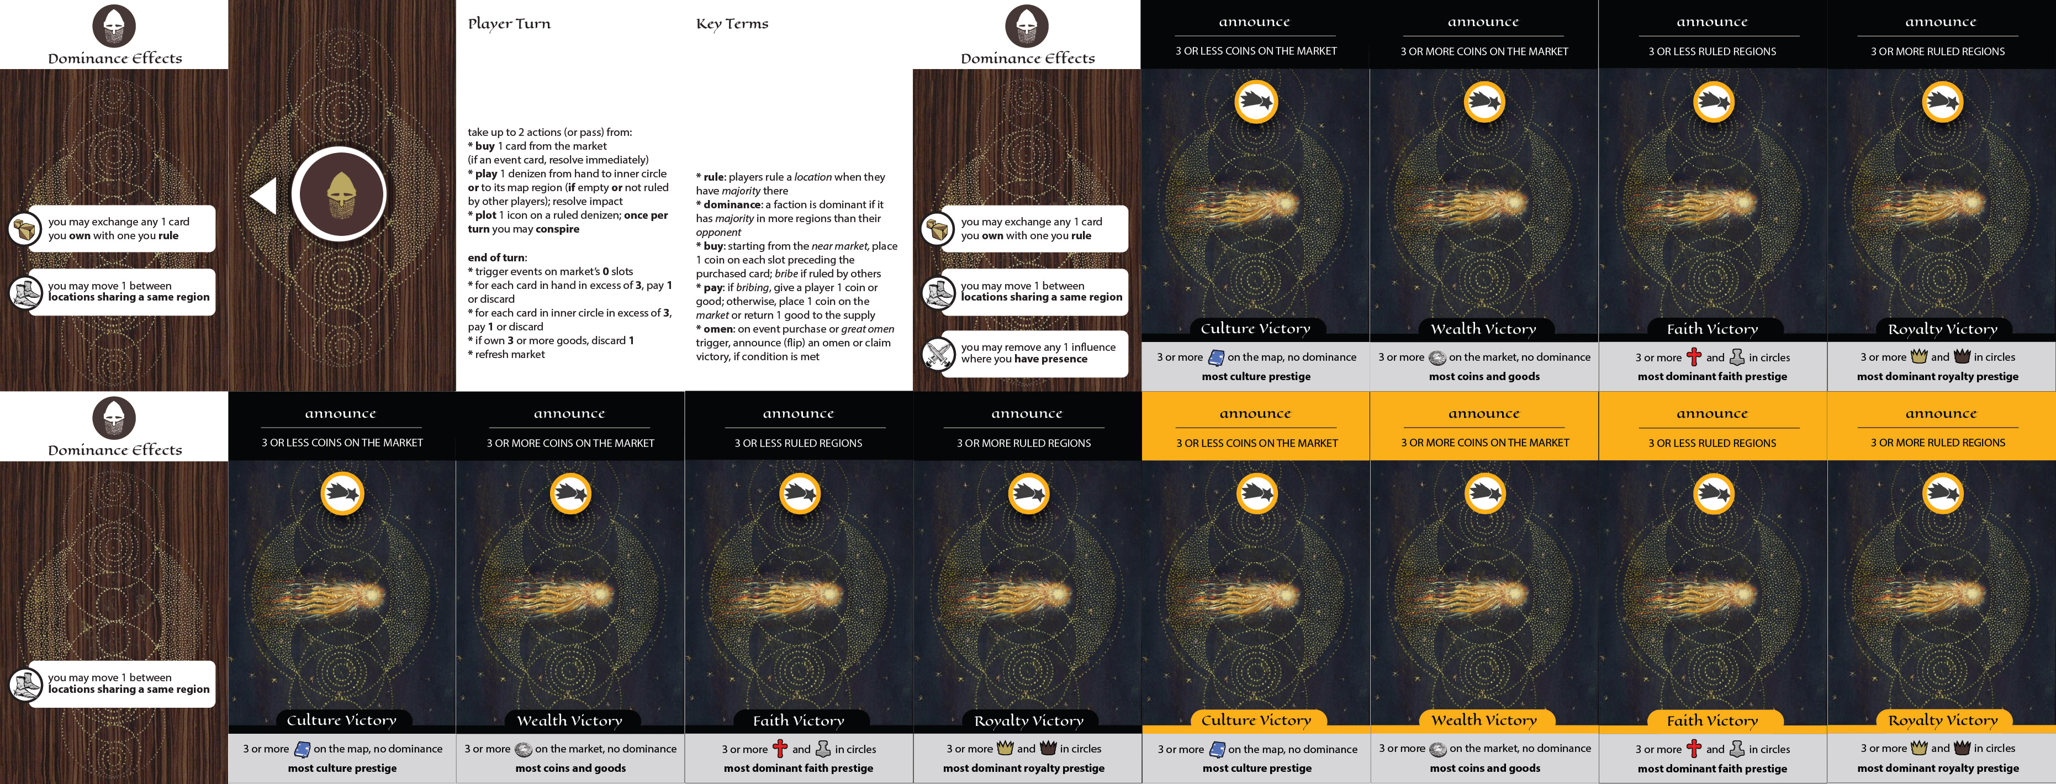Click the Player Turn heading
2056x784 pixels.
coord(509,24)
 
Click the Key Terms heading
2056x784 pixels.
coord(732,24)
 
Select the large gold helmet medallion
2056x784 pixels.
coord(339,194)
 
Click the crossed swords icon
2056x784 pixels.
coord(938,354)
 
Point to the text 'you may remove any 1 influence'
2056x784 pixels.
coord(1038,348)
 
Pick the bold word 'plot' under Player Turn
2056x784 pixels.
coord(485,215)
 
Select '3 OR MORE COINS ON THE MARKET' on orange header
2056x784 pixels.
coord(1484,443)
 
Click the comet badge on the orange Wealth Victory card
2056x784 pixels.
coord(1484,494)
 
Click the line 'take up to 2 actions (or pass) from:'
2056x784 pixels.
coord(550,133)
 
